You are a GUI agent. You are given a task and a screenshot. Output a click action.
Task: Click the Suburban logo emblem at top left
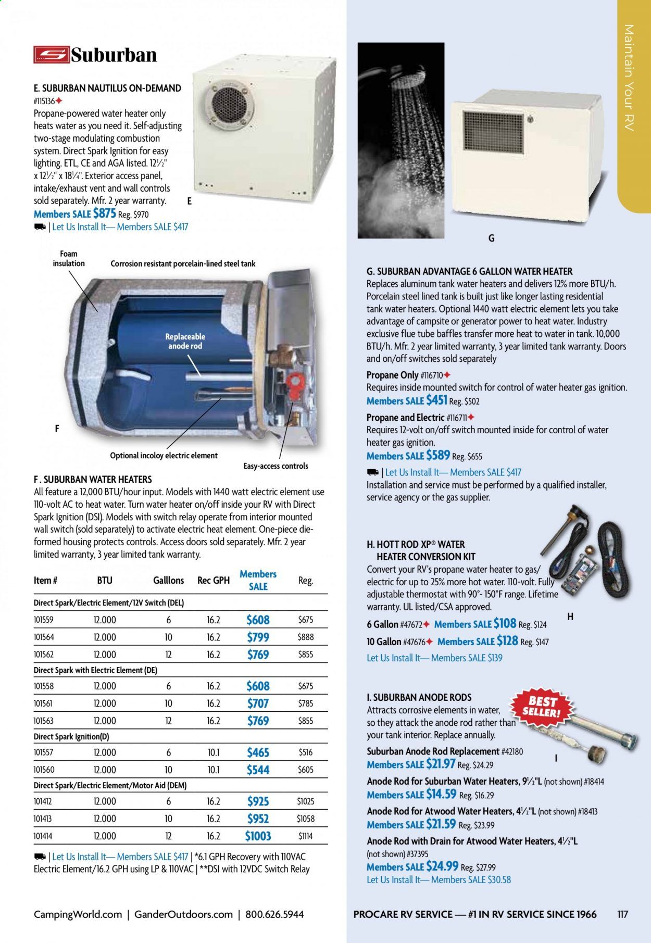pos(51,55)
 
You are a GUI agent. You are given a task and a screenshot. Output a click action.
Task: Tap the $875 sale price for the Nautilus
pos(104,213)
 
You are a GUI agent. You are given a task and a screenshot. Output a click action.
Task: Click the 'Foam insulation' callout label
pos(69,258)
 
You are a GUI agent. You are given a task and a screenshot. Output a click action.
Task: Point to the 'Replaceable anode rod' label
pos(185,341)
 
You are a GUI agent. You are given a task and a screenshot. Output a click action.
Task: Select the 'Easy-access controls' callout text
pos(276,466)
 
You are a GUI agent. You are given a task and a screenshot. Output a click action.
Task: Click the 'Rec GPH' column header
pos(214,580)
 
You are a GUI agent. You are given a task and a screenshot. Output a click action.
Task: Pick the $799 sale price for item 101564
pos(258,637)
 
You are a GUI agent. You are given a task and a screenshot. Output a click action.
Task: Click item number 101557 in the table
pos(44,752)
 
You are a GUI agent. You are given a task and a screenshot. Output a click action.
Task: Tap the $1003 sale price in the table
pos(258,836)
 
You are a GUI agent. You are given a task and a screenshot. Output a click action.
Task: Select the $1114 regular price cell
pos(306,836)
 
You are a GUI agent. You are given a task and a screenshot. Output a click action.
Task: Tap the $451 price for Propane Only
pos(436,400)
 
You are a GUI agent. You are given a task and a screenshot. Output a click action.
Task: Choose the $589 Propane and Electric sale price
pos(437,455)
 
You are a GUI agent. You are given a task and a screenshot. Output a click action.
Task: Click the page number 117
pos(622,914)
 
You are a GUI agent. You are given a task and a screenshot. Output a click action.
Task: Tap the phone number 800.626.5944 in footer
pos(274,914)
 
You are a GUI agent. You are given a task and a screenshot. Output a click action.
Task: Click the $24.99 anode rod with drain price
pos(442,866)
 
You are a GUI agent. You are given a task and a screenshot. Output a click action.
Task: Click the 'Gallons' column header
pos(168,580)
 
